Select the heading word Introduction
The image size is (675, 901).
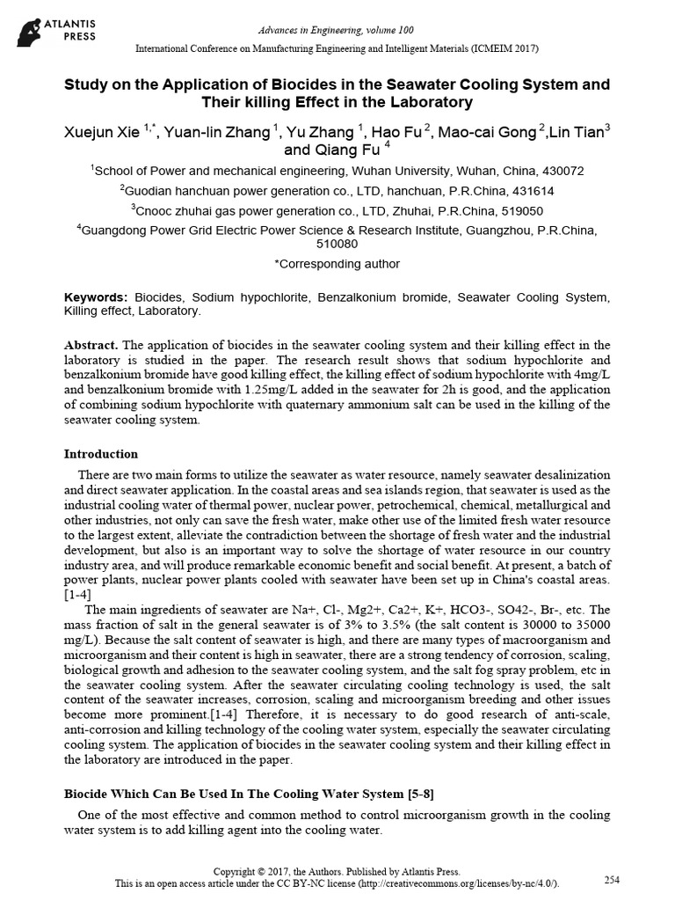(101, 454)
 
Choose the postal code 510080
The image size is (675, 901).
(337, 244)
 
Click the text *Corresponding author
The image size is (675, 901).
(337, 263)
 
